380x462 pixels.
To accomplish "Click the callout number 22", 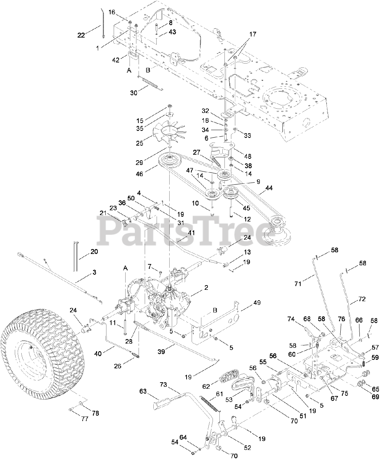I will tap(81, 35).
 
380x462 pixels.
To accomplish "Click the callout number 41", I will tap(191, 233).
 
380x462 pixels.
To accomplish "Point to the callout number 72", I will tap(362, 299).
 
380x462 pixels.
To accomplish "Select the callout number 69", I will tap(375, 397).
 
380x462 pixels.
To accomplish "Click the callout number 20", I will tap(94, 251).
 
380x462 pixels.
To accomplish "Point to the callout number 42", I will tap(115, 60).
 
